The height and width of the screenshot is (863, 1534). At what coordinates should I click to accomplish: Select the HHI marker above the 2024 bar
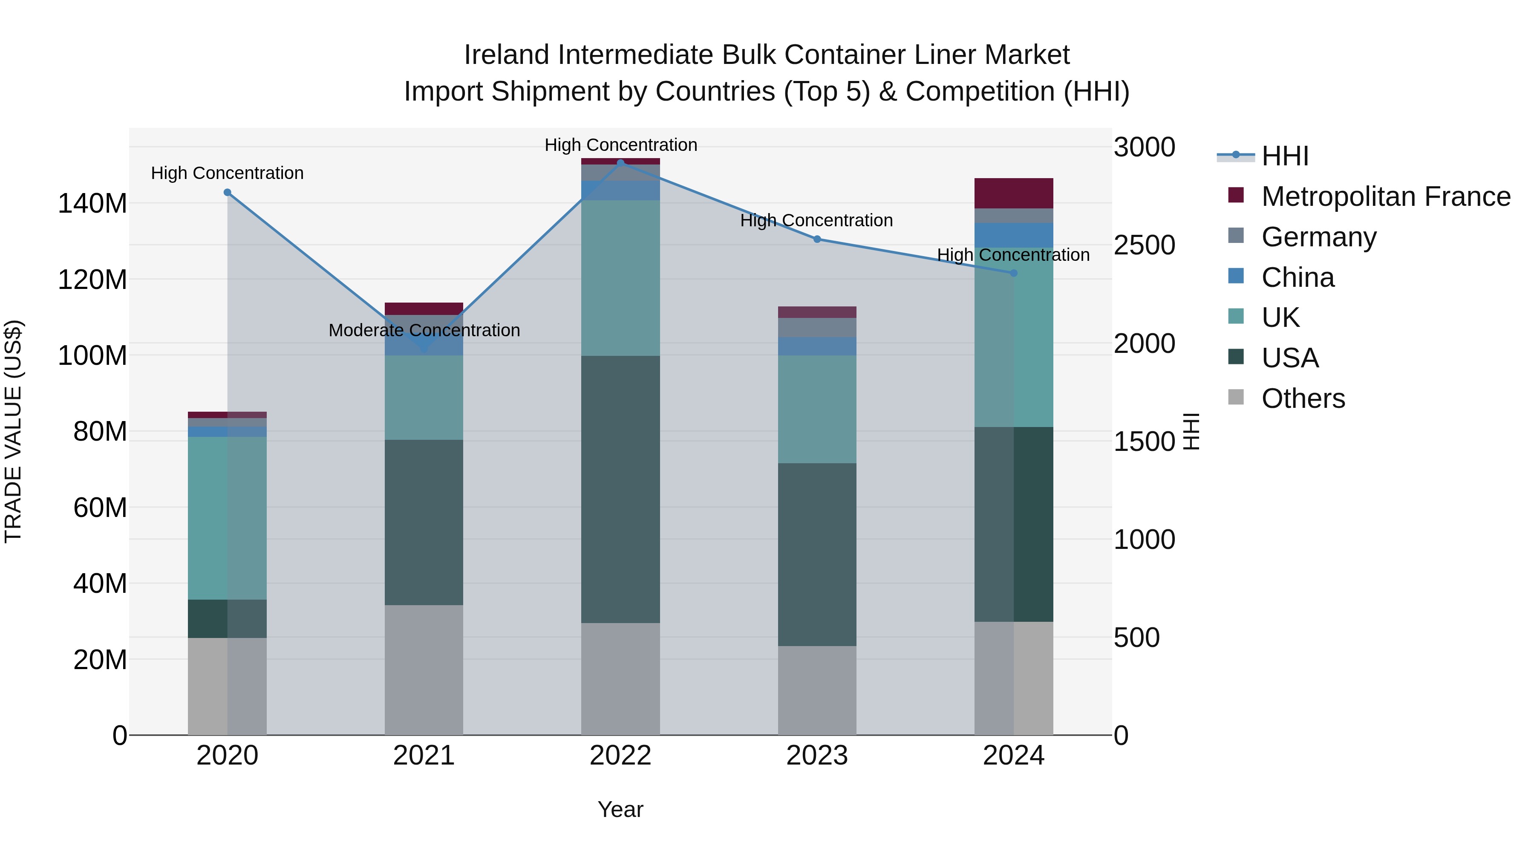1014,273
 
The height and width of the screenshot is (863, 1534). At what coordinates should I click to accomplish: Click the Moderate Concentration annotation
424,331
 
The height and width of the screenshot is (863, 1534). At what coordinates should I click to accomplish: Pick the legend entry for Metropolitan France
1386,196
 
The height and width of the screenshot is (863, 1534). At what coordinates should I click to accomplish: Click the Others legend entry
1303,398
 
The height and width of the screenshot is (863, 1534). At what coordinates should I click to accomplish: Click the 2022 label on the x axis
620,756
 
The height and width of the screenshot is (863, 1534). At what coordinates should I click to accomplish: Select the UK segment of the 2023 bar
816,409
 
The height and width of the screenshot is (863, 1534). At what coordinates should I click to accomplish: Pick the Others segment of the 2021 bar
424,670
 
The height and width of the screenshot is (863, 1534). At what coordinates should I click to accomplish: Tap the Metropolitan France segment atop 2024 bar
1014,193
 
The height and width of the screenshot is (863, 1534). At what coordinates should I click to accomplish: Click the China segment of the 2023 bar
816,346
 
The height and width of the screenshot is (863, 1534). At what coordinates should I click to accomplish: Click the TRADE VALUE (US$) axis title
13,431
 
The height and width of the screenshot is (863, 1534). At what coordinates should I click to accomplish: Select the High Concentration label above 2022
620,145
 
